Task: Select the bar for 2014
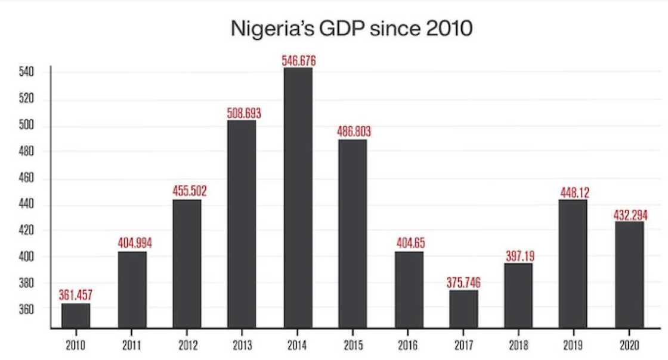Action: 298,197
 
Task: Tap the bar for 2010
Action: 76,315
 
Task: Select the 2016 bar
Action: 409,289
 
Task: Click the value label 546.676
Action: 298,61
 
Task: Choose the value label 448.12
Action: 573,193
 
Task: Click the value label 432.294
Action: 630,215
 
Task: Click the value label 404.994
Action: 132,244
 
